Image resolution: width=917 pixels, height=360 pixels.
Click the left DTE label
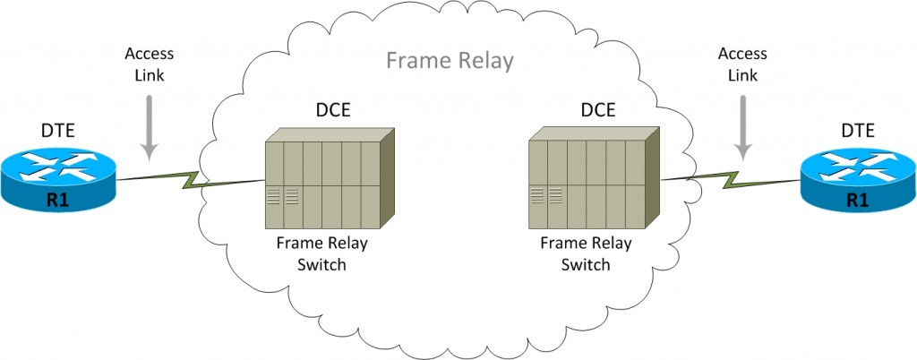(x=58, y=132)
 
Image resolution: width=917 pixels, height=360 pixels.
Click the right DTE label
(x=857, y=132)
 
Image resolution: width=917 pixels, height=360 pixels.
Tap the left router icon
(x=58, y=180)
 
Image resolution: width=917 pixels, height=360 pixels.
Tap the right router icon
(x=857, y=180)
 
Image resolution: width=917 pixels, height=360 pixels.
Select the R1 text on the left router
(x=58, y=201)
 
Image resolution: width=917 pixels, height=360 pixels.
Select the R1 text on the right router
(x=857, y=201)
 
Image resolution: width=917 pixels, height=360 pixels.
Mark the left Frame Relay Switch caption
(x=321, y=253)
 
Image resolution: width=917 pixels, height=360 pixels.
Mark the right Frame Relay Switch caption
(x=586, y=253)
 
